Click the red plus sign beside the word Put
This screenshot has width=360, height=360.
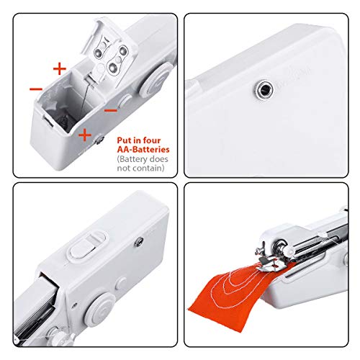(x=84, y=134)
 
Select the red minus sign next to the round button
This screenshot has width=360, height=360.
(x=110, y=110)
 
